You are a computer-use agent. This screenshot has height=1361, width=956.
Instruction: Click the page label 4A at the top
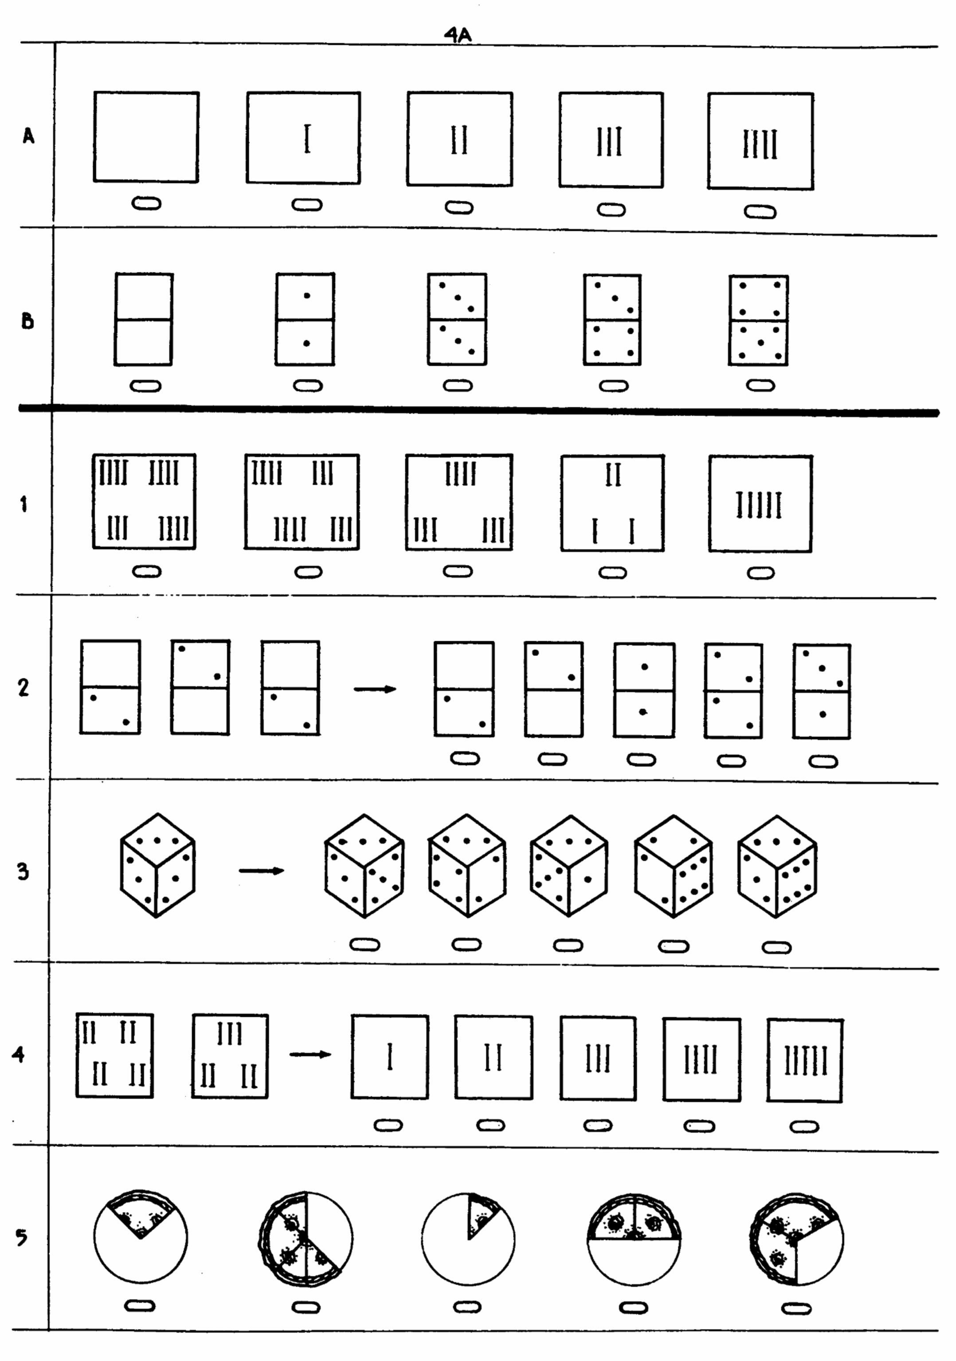tap(458, 35)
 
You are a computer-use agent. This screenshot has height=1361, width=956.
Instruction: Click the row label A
tap(28, 136)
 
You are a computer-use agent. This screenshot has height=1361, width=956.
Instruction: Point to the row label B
tap(27, 321)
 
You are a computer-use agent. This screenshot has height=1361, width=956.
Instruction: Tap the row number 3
tap(23, 871)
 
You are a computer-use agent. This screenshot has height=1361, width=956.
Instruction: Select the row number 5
tap(21, 1238)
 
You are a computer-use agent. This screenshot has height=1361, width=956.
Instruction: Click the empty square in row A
tap(146, 137)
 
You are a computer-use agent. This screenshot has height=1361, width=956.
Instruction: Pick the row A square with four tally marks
tap(760, 141)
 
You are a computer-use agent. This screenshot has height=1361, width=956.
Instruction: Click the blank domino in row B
tap(143, 319)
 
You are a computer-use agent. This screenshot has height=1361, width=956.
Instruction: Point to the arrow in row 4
tap(310, 1055)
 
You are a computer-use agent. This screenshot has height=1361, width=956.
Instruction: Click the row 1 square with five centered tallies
tap(760, 504)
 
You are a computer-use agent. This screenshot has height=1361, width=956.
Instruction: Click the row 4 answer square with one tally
tap(389, 1057)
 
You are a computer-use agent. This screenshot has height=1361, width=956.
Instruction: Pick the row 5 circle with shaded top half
tap(634, 1239)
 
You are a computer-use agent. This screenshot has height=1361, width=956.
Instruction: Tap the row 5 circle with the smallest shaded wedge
tap(468, 1239)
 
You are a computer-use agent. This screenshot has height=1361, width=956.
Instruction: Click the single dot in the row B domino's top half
tap(306, 295)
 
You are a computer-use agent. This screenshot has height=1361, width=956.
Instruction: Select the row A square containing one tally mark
tap(303, 138)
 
